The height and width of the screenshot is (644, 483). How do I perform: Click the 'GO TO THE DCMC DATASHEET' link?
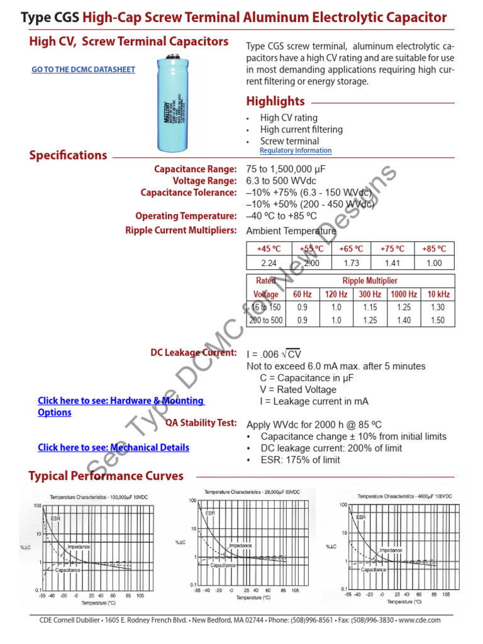coord(83,70)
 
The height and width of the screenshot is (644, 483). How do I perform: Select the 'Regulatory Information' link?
coord(295,151)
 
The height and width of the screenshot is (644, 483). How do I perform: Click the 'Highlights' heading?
coord(275,101)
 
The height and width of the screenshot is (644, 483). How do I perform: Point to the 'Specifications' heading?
coord(68,155)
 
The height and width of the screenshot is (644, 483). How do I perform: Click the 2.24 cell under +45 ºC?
coord(269,264)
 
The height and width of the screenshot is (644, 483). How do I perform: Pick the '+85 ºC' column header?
coord(434,248)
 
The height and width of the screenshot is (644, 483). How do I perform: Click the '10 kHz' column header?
coord(438,294)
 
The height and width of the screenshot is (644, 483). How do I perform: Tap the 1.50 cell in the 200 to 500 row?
coord(438,321)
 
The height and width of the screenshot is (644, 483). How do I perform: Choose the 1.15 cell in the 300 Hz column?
coord(369,308)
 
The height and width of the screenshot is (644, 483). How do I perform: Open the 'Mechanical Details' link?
coord(113,448)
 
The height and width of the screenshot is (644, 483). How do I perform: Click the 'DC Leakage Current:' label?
coord(194,353)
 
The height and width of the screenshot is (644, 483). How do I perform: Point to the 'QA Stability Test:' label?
coord(201,423)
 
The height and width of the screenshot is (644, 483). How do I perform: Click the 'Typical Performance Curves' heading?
coord(106,476)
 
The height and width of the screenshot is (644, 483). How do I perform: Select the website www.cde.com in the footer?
coord(419,620)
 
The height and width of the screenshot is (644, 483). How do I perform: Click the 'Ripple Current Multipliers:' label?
coord(181,231)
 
